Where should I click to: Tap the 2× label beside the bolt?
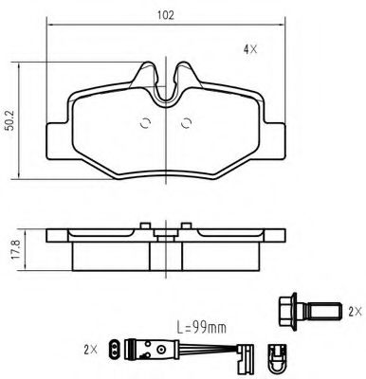[354, 310]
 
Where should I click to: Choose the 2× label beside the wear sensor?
[92, 350]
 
